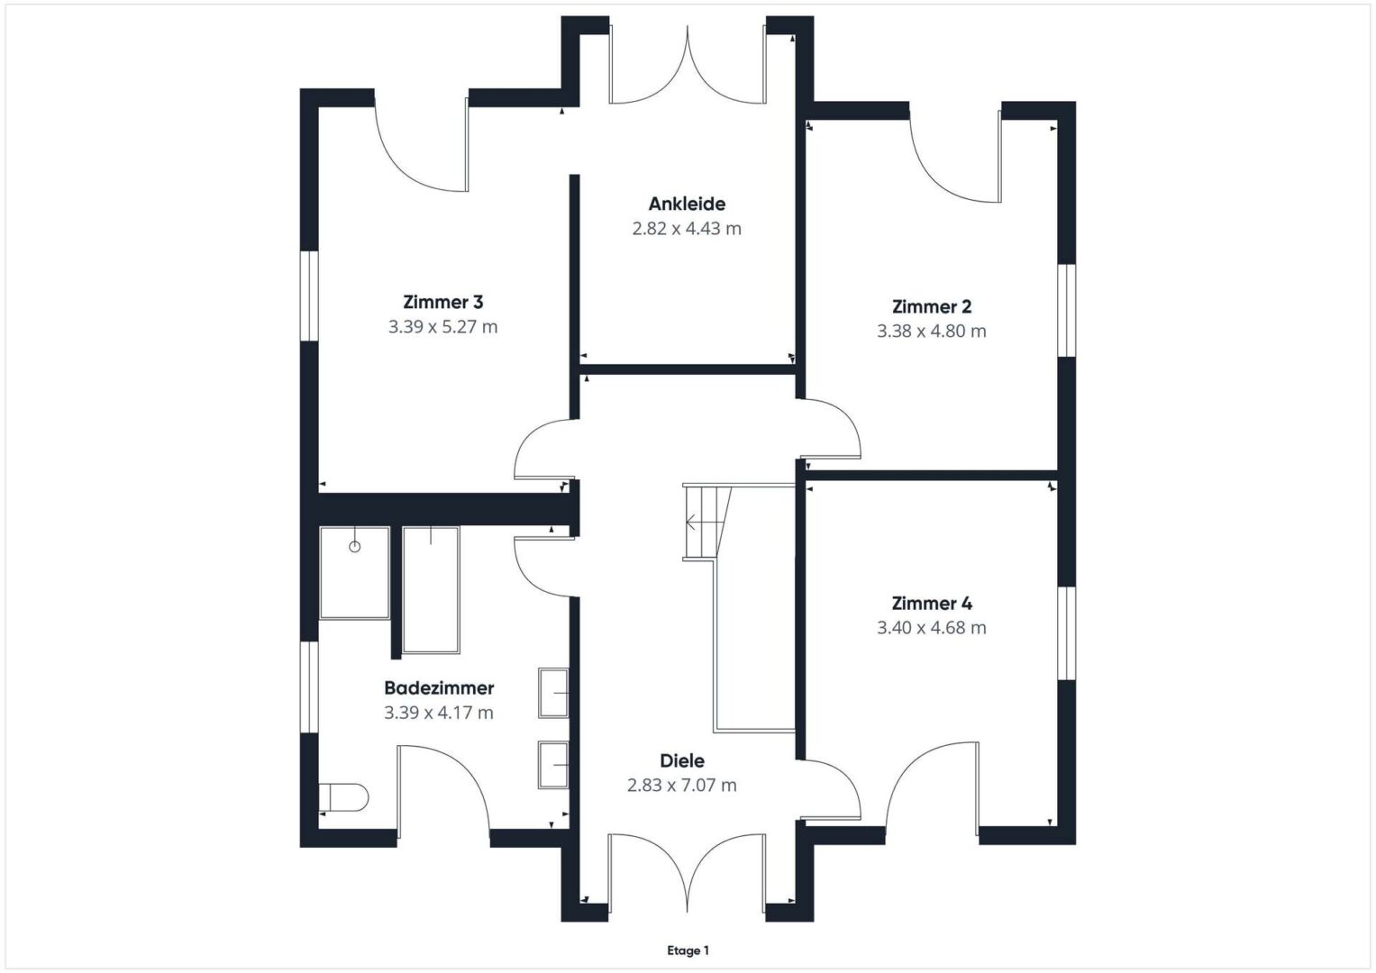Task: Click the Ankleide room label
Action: (x=687, y=204)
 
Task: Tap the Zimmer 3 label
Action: (x=443, y=302)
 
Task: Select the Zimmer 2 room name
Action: (x=932, y=306)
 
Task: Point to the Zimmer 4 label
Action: (x=932, y=604)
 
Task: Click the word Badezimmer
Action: (x=439, y=688)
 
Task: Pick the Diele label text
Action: (x=682, y=761)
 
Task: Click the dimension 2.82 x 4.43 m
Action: (x=687, y=229)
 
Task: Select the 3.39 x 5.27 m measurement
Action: (x=443, y=327)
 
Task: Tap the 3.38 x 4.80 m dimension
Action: (x=932, y=332)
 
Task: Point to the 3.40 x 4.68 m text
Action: (x=932, y=628)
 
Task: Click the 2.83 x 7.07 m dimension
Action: (x=682, y=785)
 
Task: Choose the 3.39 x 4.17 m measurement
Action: (x=439, y=713)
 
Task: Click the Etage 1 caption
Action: (x=688, y=950)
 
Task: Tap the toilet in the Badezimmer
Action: (x=343, y=797)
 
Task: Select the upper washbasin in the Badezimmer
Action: (x=553, y=693)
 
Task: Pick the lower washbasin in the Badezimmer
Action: (x=553, y=765)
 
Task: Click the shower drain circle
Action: (x=354, y=547)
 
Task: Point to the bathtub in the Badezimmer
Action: (x=432, y=590)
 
